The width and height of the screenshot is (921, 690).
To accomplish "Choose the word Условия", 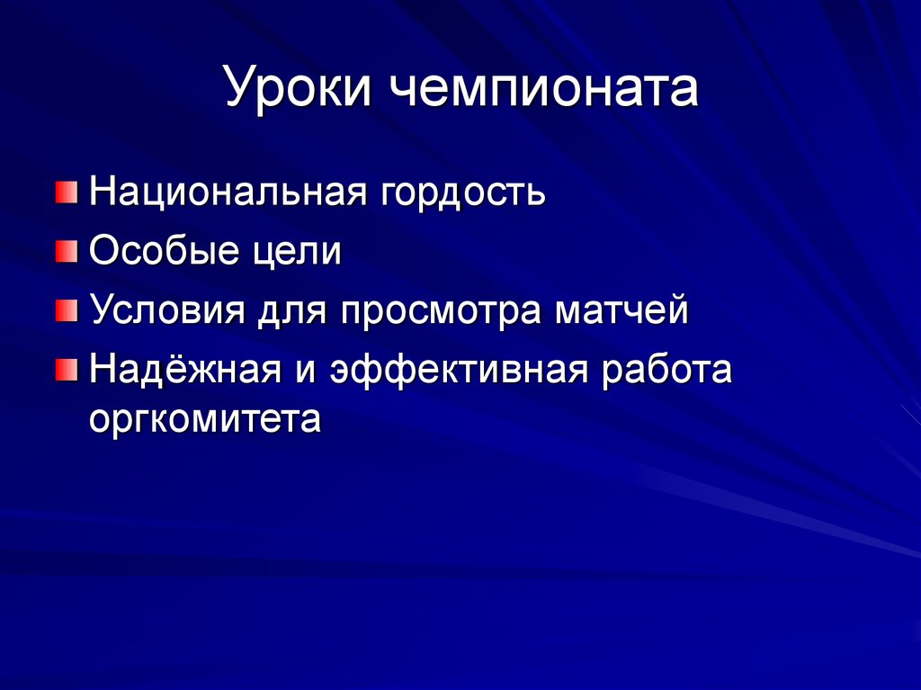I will click(x=168, y=311).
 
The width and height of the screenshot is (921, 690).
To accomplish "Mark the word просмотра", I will click(x=441, y=313).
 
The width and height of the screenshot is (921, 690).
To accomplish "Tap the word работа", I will click(x=666, y=371).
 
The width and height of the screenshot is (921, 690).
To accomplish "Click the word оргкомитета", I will click(x=205, y=419).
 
